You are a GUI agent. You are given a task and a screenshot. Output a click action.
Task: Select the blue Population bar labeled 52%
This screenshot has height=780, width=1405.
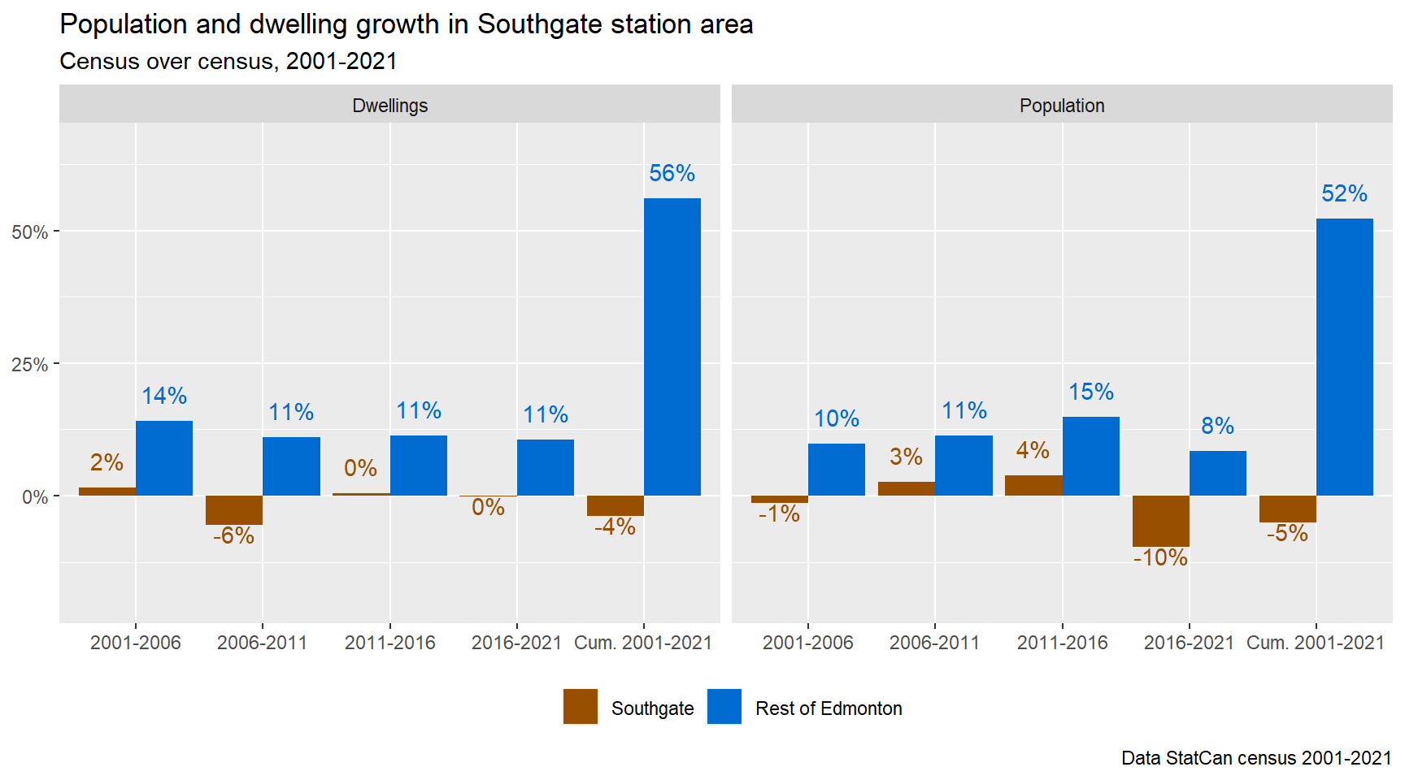point(1344,357)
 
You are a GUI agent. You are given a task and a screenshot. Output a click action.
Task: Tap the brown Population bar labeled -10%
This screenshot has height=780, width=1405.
point(1160,521)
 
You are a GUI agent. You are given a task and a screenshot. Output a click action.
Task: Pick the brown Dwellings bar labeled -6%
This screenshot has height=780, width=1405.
point(234,510)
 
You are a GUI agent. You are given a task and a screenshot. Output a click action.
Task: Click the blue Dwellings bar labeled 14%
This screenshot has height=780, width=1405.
point(164,458)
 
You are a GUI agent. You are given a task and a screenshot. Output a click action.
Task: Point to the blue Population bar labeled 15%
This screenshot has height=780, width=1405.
point(1090,456)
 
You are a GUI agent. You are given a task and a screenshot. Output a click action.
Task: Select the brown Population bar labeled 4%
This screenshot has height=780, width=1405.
point(1033,485)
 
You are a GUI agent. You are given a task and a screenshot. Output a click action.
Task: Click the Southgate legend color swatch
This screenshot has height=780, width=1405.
point(580,707)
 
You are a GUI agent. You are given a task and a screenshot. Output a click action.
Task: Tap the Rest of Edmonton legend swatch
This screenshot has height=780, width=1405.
point(724,707)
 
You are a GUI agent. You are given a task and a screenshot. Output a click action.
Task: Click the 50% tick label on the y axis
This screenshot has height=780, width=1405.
point(29,232)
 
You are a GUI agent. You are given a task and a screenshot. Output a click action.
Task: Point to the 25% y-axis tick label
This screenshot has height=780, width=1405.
point(29,365)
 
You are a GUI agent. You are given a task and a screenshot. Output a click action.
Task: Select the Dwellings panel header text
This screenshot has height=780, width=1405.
point(389,106)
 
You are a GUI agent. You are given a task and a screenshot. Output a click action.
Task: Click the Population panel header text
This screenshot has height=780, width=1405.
point(1062,106)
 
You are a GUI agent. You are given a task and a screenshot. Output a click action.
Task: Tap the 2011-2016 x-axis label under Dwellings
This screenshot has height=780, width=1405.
point(389,643)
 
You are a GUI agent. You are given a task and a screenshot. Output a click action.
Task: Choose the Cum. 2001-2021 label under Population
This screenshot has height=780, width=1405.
point(1315,643)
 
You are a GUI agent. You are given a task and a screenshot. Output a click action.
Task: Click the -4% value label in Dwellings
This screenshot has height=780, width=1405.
point(615,527)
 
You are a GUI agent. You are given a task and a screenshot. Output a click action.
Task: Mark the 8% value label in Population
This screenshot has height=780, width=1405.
point(1217,426)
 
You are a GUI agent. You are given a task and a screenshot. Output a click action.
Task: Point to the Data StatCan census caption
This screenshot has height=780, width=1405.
point(1255,758)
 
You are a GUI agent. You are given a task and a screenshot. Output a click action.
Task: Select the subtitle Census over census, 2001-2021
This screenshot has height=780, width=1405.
point(228,62)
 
